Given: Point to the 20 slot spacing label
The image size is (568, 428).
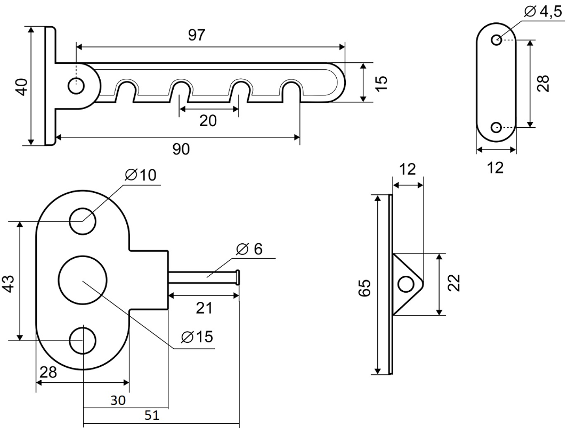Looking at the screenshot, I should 208,121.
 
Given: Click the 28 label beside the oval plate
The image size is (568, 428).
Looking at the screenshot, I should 543,83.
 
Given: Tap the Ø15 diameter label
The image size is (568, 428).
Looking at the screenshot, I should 197,336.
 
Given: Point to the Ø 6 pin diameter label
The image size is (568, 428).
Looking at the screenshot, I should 249,249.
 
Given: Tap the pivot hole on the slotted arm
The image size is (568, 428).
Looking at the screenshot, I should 76,84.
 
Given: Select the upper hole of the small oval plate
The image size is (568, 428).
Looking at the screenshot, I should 496,39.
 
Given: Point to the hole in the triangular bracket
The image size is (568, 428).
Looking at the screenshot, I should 405,284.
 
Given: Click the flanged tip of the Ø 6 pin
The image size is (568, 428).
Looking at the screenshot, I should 238,277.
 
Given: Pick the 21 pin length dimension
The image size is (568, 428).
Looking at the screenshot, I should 203,308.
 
